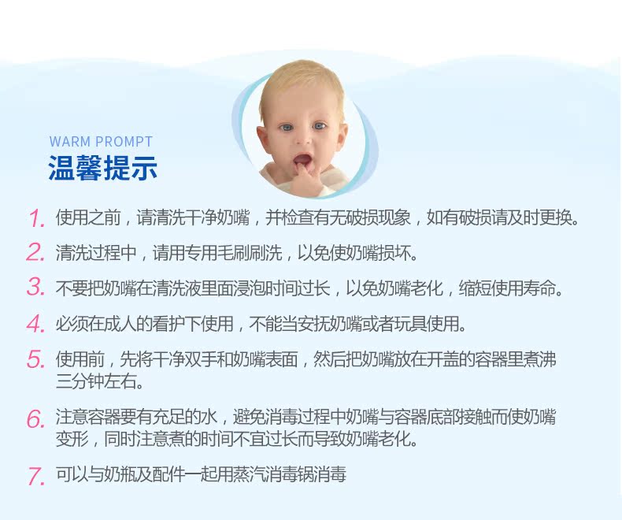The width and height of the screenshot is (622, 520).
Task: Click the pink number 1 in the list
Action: coord(37,218)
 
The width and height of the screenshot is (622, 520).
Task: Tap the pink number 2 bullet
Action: coord(35,252)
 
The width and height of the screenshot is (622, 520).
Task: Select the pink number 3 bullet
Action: coord(36,287)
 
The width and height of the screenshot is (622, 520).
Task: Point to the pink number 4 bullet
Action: coord(35,323)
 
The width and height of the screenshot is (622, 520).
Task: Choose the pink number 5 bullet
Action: coord(35,359)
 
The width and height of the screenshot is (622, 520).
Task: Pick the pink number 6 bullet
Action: coord(35,419)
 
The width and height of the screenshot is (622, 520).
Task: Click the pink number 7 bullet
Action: coord(36,477)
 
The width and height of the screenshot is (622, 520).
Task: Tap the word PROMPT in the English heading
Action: coord(124,142)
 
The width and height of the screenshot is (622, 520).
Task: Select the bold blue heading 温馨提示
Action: coord(102,168)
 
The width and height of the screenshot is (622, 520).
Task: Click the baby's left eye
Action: coord(320,126)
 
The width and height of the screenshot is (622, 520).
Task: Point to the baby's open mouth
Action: coord(302,161)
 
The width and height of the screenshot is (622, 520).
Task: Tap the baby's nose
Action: coord(304,139)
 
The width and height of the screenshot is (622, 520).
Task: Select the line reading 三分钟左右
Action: coord(100,382)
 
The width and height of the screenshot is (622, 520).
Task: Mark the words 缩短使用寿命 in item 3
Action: coord(507,288)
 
